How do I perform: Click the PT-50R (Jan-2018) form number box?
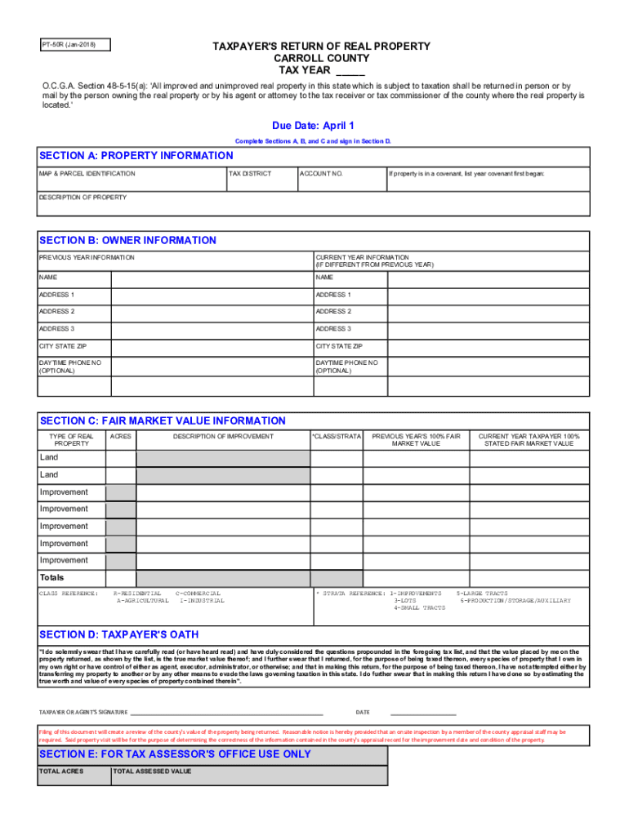pos(74,45)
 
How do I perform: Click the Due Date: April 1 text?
pos(313,126)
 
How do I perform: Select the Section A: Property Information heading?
pos(136,156)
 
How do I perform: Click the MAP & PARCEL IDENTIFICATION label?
pos(87,174)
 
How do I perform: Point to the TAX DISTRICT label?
pos(250,174)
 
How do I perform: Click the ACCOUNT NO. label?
pos(321,174)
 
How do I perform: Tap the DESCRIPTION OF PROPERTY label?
pos(83,198)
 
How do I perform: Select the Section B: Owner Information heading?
pos(128,241)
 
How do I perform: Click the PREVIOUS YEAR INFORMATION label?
pos(87,258)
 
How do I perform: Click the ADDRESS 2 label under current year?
pos(333,312)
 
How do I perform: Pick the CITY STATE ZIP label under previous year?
pos(63,346)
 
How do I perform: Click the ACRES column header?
pos(121,437)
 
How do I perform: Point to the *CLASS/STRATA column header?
pos(336,437)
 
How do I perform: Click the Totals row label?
pos(52,578)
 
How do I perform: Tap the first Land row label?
pos(49,457)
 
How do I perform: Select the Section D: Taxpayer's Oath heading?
pos(119,634)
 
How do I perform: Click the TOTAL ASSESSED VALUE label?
pos(152,771)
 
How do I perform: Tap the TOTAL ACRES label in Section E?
pos(61,771)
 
